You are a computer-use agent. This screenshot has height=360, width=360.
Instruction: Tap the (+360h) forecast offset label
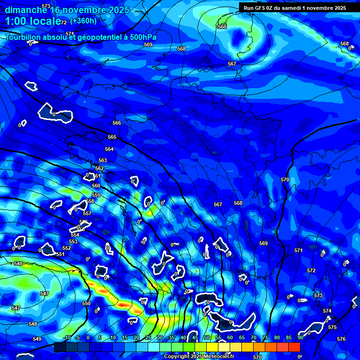pos(83,21)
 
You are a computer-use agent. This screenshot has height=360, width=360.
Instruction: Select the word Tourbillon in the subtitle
pos(25,37)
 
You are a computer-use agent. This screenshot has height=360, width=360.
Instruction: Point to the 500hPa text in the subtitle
pos(141,37)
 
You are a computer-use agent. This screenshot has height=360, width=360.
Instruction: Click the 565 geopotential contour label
pos(112,137)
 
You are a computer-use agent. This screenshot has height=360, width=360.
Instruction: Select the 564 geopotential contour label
pos(109,149)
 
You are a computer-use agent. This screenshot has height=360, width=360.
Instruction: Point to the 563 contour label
pos(103,160)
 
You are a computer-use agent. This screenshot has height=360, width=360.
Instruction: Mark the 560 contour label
pos(96,186)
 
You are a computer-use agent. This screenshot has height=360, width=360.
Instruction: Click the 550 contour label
pos(86,304)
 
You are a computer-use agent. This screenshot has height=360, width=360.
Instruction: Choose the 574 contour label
pos(327,311)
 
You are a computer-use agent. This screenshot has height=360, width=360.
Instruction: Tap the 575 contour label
pos(332,328)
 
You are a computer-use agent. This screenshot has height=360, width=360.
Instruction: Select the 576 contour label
pos(341,339)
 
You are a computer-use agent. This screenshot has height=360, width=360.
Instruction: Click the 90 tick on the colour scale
pos(300,338)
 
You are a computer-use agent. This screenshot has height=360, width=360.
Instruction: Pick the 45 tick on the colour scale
pos(195,338)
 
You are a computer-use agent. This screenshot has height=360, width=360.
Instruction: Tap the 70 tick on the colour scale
pos(254,338)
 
